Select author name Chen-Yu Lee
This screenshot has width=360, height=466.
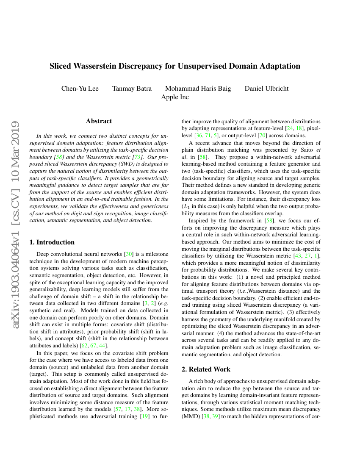(x=80, y=89)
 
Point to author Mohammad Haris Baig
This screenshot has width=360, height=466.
(x=198, y=89)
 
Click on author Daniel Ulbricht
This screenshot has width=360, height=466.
(x=266, y=89)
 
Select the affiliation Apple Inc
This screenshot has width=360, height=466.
(x=175, y=97)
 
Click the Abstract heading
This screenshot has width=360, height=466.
(x=99, y=121)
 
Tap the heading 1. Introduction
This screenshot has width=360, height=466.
(x=52, y=242)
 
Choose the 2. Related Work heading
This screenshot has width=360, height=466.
(x=206, y=369)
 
